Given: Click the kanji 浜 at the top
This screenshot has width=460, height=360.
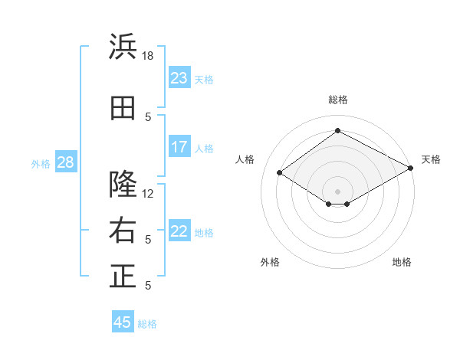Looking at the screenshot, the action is pos(123,46).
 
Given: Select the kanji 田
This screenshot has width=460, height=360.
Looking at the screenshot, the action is pos(123,108).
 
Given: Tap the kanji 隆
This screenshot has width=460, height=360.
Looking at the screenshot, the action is pos(123,184).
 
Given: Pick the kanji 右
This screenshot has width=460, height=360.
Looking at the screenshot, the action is pos(123,230).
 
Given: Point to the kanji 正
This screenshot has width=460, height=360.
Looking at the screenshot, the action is pos(123,276).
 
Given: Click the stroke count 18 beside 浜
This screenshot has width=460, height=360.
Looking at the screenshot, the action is pos(147,56).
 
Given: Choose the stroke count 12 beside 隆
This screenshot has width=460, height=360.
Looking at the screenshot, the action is pos(147,194).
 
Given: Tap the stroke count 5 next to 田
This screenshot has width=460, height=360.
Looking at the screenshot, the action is pos(148,117).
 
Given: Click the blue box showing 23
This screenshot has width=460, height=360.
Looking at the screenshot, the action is pos(179,77).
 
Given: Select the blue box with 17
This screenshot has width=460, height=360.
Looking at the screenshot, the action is pos(179,146).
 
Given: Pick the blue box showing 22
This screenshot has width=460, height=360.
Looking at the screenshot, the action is pos(179,230).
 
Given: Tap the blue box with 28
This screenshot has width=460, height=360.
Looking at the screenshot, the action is pos(66,162).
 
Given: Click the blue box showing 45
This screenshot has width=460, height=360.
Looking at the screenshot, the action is pos(123,321).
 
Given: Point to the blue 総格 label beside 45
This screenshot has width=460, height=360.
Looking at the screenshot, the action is pos(147,324).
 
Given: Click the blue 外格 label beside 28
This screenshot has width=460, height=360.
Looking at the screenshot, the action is pos(41,164).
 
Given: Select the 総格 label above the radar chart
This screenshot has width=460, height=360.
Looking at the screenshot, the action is pos(338,100).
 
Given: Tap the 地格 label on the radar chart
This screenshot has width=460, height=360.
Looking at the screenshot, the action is pos(402,262).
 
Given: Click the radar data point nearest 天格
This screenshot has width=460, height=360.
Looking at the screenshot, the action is pos(411,168).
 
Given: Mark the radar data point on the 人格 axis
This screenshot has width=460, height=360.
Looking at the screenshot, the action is pos(280,172).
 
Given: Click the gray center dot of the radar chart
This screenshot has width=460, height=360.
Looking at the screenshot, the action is pos(337,191).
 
